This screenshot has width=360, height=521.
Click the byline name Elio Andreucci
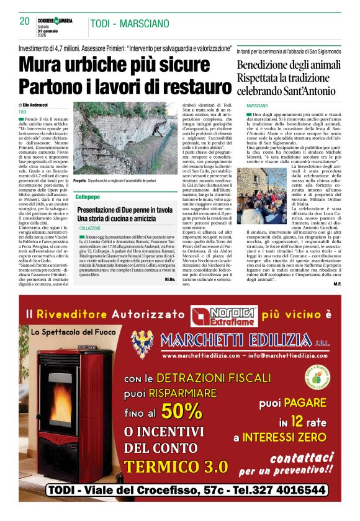click(x=38, y=107)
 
